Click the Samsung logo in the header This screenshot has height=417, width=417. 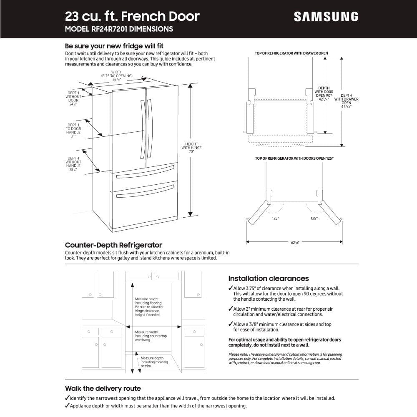(x=326, y=16)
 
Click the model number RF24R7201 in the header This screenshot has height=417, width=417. (x=119, y=29)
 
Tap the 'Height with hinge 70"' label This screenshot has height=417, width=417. (x=191, y=148)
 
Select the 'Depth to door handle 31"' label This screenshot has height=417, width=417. (x=73, y=130)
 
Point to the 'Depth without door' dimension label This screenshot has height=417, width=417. (x=73, y=98)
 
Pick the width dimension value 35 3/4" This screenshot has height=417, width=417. (x=117, y=79)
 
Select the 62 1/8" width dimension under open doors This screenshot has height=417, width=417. (x=295, y=242)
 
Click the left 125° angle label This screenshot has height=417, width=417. (x=275, y=218)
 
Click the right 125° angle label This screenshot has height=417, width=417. (x=314, y=218)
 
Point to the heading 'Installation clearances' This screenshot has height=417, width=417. (x=268, y=279)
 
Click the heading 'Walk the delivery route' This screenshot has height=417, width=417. (x=103, y=389)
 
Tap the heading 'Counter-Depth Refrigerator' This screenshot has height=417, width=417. (x=113, y=245)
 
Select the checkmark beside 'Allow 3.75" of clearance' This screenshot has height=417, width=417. (x=231, y=289)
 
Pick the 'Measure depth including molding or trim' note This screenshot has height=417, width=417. (x=152, y=362)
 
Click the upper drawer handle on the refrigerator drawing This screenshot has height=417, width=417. (x=144, y=171)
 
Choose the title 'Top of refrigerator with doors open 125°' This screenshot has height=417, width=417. (x=294, y=158)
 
